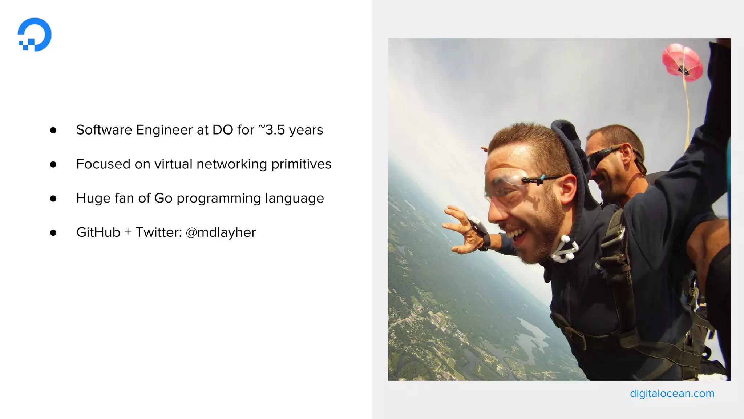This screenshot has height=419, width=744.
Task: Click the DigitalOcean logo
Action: click(x=35, y=35)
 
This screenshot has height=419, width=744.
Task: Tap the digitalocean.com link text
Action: click(x=672, y=394)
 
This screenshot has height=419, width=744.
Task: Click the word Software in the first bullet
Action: click(x=104, y=130)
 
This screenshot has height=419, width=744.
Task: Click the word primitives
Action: click(x=301, y=164)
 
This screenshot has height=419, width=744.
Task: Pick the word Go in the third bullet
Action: click(x=163, y=198)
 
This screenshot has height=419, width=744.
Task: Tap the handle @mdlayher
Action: click(x=221, y=232)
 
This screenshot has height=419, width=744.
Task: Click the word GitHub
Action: click(x=98, y=232)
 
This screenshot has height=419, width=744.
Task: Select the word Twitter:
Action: click(x=158, y=232)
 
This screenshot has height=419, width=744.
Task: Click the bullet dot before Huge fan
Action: click(x=53, y=199)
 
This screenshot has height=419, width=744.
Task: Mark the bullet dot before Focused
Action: click(x=53, y=164)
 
